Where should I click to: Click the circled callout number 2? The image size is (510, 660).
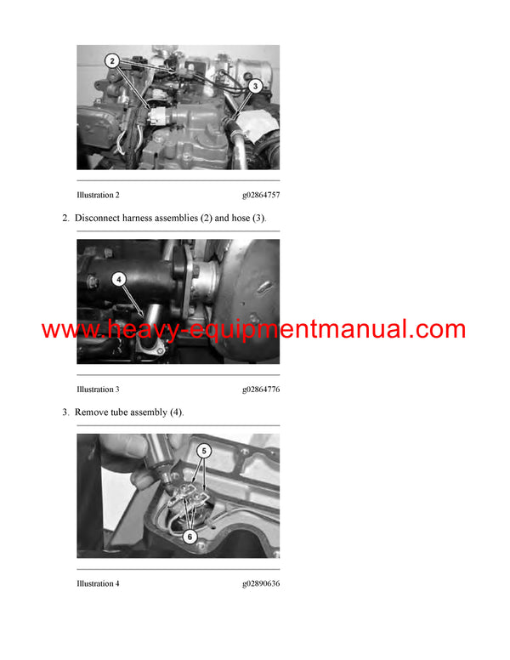(111, 60)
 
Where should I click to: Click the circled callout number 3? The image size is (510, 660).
(253, 85)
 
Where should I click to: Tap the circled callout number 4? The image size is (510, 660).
(119, 277)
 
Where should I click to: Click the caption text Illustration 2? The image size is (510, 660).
(98, 195)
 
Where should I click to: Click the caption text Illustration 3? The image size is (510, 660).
(98, 389)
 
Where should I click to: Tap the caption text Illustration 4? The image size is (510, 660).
(98, 583)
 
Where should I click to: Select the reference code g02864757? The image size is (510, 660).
(261, 195)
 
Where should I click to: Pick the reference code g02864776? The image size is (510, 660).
(261, 389)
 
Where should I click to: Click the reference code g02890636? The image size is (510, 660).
(261, 583)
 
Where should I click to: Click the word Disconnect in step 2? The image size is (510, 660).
(98, 219)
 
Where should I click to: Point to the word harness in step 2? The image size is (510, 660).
(141, 219)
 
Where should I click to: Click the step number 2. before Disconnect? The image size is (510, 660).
(65, 219)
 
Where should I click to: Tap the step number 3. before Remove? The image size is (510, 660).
(65, 412)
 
